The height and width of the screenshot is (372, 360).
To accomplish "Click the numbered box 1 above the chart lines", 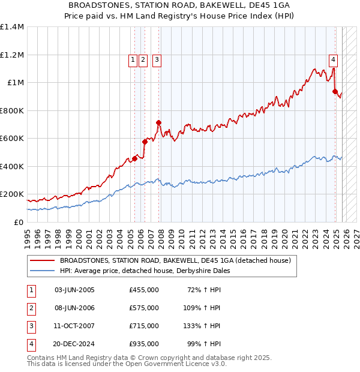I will [x=132, y=59].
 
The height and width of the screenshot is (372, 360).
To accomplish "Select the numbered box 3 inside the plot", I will [x=156, y=59].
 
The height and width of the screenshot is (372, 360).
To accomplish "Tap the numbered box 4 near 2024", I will [x=333, y=59].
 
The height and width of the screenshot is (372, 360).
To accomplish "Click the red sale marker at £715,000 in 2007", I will [x=159, y=123].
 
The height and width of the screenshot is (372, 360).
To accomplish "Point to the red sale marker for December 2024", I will [x=335, y=92].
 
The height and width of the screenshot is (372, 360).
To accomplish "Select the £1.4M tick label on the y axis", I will [x=12, y=27].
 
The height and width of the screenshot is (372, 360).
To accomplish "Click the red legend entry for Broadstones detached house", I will [x=175, y=260].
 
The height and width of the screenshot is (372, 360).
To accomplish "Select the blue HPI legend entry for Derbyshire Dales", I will [x=145, y=271].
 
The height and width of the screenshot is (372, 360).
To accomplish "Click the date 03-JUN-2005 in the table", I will [x=74, y=290].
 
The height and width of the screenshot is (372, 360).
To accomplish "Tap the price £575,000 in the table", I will [x=143, y=308].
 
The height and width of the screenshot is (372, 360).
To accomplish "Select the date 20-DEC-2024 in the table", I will [x=74, y=344].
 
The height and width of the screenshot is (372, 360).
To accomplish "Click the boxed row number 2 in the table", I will [x=31, y=308].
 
